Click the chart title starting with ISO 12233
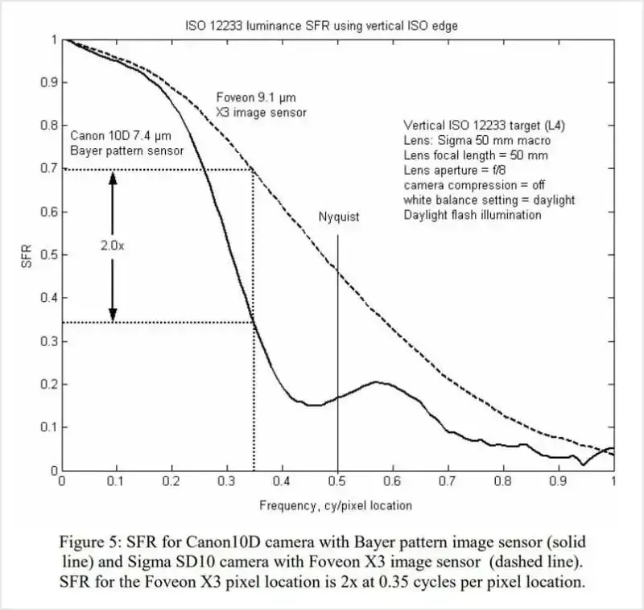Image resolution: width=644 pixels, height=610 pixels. pyautogui.click(x=321, y=26)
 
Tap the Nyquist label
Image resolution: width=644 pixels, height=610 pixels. pyautogui.click(x=338, y=217)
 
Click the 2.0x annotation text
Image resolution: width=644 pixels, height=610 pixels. pyautogui.click(x=113, y=246)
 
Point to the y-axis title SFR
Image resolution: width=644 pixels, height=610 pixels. pyautogui.click(x=27, y=255)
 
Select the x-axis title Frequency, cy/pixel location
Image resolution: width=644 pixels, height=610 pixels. pyautogui.click(x=336, y=505)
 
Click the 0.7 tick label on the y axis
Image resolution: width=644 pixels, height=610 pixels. pyautogui.click(x=47, y=170)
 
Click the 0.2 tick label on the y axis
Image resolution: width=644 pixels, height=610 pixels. pyautogui.click(x=47, y=385)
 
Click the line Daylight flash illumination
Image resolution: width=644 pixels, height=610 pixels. pyautogui.click(x=473, y=215)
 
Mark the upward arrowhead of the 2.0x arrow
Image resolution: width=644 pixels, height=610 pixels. pyautogui.click(x=113, y=178)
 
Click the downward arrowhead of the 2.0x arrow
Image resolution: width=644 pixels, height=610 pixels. pyautogui.click(x=113, y=315)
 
